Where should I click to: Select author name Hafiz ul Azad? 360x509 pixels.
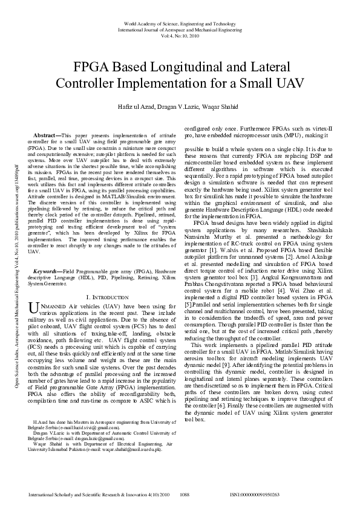140,107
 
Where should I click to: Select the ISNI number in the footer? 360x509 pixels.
255,494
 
